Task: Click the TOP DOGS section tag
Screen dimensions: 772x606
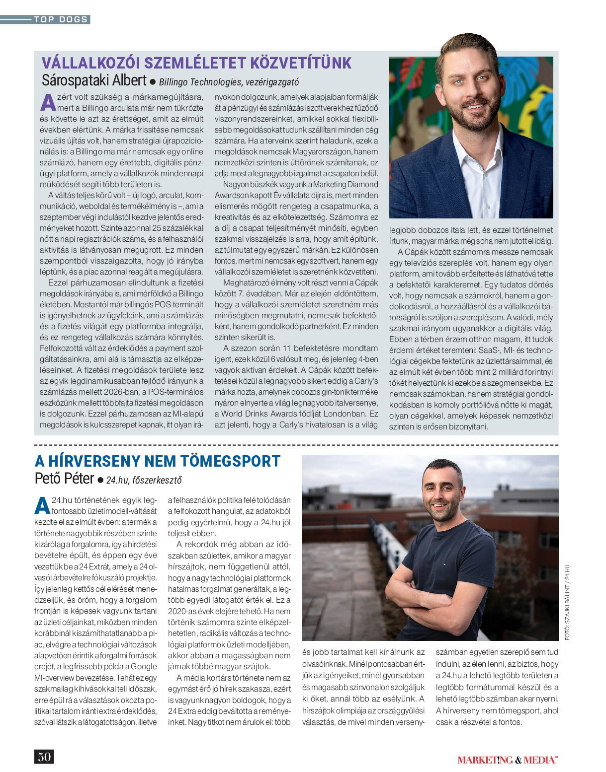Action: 61,19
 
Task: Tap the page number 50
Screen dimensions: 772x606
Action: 44,757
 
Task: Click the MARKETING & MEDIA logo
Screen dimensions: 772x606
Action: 507,760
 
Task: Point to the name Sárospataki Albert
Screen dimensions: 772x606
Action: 94,80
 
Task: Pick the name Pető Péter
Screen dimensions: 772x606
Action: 64,479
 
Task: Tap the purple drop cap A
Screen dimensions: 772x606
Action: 48,102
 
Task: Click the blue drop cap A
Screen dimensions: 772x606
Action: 42,505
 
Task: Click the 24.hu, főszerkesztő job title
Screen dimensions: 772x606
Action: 144,480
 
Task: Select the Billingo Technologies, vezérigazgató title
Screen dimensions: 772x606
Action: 229,82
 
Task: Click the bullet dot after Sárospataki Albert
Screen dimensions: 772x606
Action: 153,81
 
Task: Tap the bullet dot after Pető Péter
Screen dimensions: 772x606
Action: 100,480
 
